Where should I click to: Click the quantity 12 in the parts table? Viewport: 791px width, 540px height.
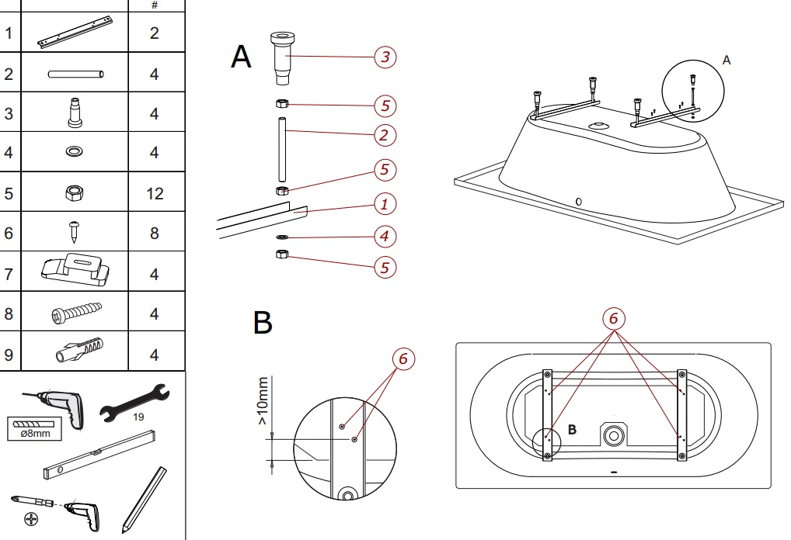coord(155,192)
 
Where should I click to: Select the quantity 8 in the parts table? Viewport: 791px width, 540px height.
coord(155,233)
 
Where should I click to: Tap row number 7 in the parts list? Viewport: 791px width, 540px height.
coord(9,273)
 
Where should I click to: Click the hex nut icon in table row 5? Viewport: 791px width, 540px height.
coord(75,193)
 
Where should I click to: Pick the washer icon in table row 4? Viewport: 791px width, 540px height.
coord(75,152)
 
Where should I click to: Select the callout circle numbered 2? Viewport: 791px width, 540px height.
coord(385,136)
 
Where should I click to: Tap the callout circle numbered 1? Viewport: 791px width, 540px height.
coord(385,205)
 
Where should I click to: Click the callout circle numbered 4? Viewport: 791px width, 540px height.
coord(385,235)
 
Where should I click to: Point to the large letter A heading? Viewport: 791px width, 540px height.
coord(242,57)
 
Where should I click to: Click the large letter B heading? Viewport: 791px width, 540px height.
coord(263,323)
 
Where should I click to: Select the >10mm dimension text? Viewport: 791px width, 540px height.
coord(263,400)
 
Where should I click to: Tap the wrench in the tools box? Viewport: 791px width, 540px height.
coord(134,402)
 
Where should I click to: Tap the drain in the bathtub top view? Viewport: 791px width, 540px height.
coord(612,433)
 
